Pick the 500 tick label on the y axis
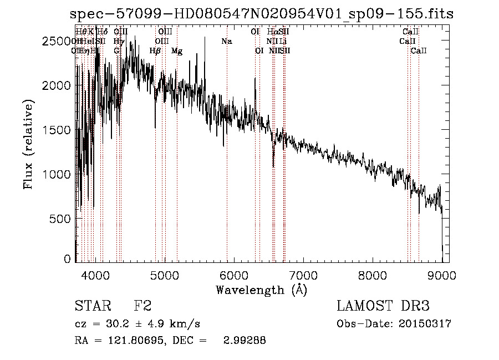62,219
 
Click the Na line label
226,42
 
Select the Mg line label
177,51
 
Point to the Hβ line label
155,51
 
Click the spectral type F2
142,306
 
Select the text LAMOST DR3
383,306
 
